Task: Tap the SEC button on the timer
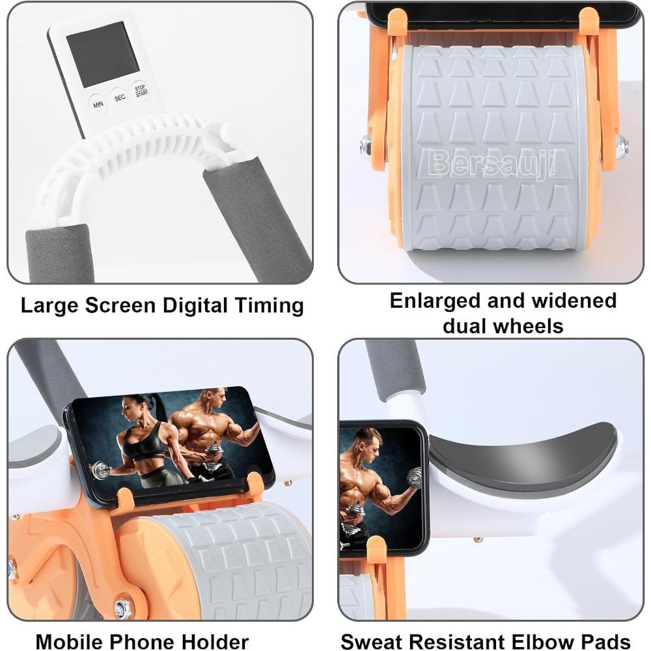pyautogui.click(x=120, y=97)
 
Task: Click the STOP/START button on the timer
pyautogui.click(x=141, y=90)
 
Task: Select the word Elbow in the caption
pyautogui.click(x=543, y=641)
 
